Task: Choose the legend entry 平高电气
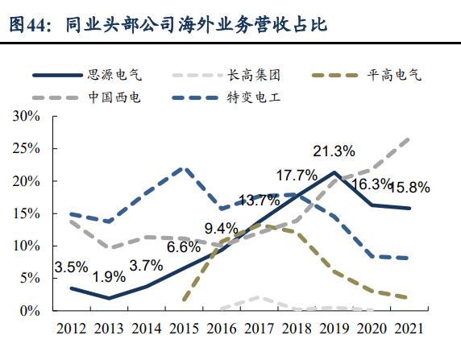click(x=394, y=76)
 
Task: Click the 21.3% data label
click(x=334, y=151)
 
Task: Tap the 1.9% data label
click(x=108, y=277)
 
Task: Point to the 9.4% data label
click(x=221, y=228)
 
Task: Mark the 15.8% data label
click(x=409, y=188)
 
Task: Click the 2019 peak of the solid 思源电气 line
click(x=334, y=172)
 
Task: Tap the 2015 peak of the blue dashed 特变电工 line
click(x=185, y=168)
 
